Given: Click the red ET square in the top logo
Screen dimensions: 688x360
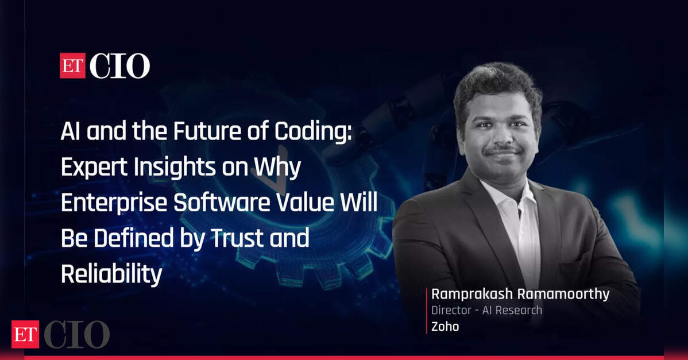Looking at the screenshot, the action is point(72,66).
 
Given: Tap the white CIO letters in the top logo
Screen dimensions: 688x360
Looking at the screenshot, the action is point(119,66).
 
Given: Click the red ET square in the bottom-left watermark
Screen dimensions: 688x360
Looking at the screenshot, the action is point(25,334).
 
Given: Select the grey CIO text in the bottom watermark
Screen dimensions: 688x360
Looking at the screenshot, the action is point(76,334).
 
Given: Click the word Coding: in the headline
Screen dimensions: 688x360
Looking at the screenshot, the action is point(313,131).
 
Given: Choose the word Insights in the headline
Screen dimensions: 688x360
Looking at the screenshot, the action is point(175,168).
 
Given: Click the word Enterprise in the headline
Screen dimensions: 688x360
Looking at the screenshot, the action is point(114,203).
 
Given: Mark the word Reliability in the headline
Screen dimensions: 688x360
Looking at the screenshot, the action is point(111,274).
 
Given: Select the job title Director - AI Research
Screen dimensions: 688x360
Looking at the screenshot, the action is point(486,311).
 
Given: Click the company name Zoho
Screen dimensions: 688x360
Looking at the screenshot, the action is point(445,327).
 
